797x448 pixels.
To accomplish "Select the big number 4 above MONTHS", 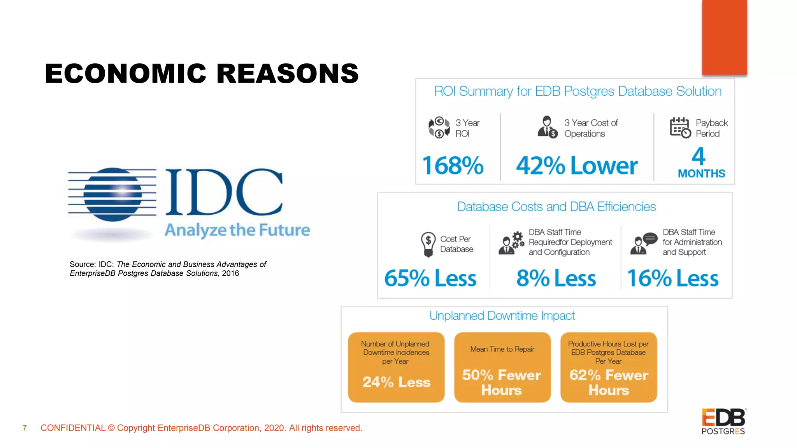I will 699,157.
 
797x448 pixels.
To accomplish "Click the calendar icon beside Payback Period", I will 680,128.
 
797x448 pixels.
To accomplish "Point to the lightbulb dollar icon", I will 428,244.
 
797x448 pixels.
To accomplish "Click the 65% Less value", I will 430,278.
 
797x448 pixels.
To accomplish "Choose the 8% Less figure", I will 556,278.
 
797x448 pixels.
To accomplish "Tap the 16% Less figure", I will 672,278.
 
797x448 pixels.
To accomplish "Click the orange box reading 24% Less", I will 396,367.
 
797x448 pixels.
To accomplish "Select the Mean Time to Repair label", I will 502,349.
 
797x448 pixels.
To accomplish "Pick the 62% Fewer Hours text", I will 609,382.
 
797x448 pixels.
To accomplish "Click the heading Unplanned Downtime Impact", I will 502,316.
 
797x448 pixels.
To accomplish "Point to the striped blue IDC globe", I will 113,194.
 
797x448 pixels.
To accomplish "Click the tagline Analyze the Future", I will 237,230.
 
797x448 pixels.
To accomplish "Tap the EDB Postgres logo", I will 723,422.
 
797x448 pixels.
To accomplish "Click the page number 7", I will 25,428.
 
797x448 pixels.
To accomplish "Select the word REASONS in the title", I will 287,73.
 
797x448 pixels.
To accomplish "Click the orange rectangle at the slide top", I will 724,37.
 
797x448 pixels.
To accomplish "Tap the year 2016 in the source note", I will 230,273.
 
